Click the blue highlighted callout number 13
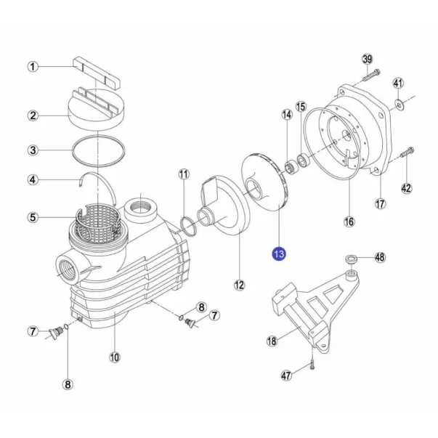coord(279,254)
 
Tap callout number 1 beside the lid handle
coord(33,67)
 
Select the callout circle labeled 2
coord(33,115)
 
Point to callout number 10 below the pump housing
coord(114,357)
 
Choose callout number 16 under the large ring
coord(349,221)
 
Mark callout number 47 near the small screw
coord(286,376)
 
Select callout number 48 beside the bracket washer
coord(380,258)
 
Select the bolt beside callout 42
coord(406,154)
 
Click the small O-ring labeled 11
coord(187,224)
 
